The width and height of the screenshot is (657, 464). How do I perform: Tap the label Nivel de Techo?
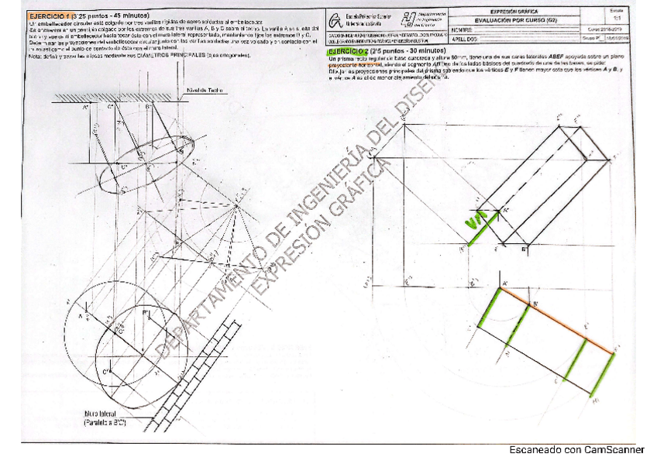click(x=205, y=91)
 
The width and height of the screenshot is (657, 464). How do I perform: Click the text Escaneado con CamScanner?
click(x=576, y=449)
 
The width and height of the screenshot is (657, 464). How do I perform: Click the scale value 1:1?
click(x=617, y=18)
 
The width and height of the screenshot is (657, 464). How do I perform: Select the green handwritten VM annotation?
click(x=478, y=221)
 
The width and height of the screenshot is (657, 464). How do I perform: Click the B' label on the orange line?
click(x=535, y=304)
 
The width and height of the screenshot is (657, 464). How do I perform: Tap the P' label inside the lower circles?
click(x=144, y=312)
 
